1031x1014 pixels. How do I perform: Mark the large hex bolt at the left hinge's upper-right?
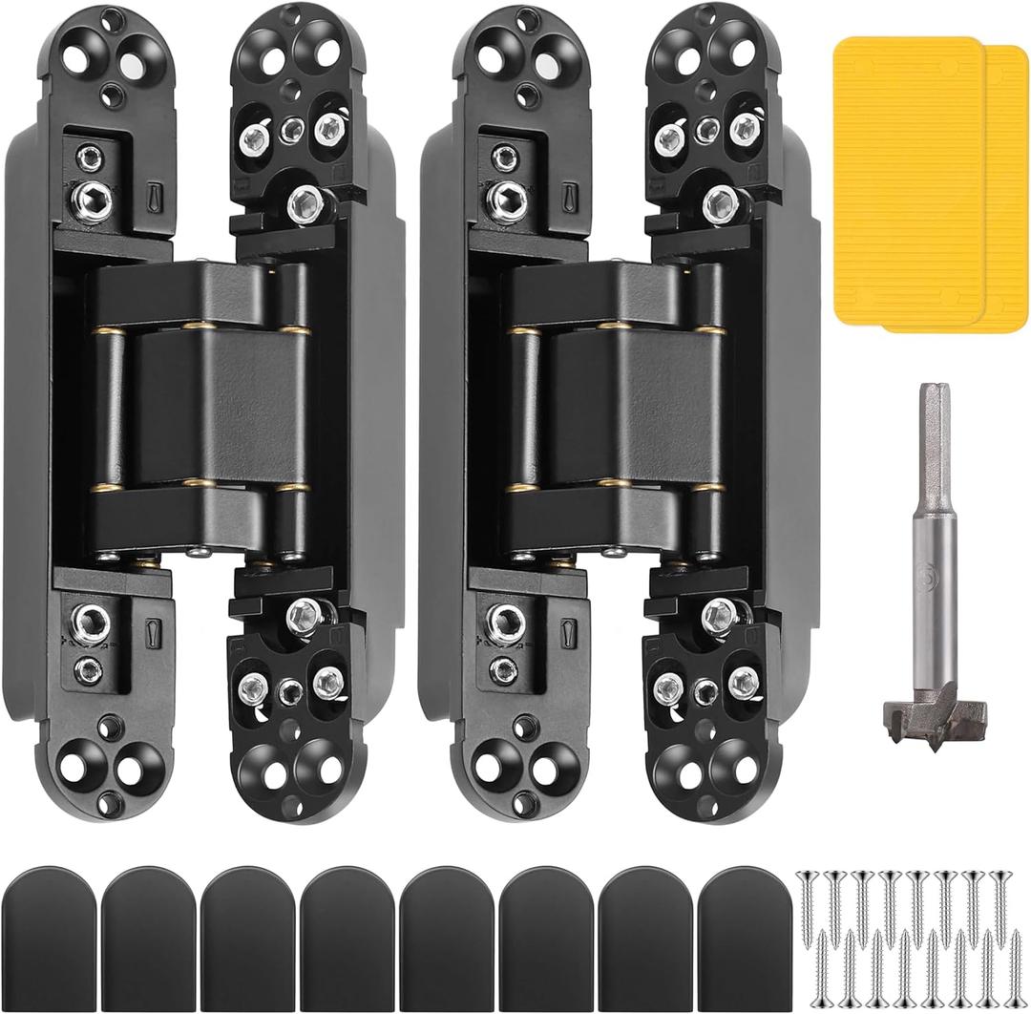click(304, 200)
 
